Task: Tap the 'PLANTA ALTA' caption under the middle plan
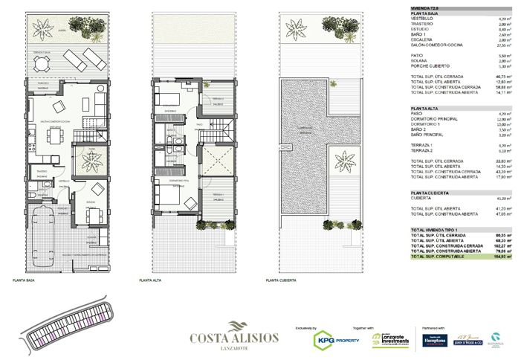pos(151,280)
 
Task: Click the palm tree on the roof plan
pos(346,159)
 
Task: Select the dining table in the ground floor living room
pos(54,134)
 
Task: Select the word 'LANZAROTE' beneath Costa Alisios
pos(234,347)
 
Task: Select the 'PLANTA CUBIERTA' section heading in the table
pos(430,193)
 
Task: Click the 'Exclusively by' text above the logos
pos(306,328)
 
